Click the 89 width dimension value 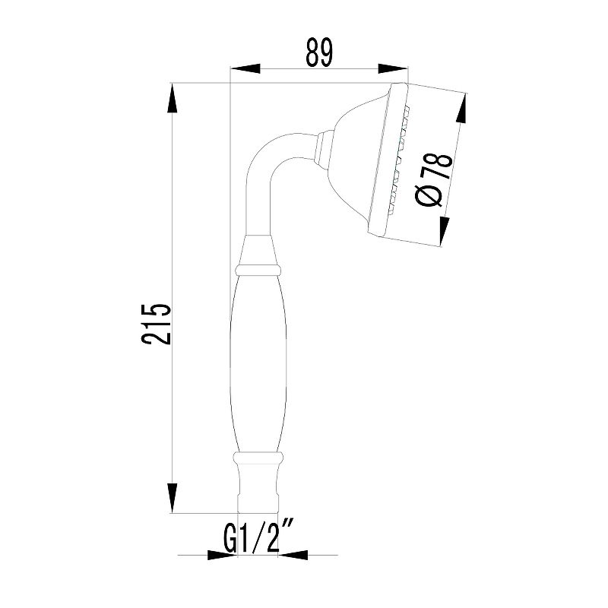coord(319,52)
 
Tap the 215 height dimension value coord(156,325)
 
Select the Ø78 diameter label coord(434,180)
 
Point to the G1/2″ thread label coord(258,538)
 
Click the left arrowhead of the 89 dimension coord(245,68)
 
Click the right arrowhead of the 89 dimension coord(393,68)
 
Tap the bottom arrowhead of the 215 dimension coord(173,499)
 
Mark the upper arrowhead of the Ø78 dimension coord(462,109)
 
